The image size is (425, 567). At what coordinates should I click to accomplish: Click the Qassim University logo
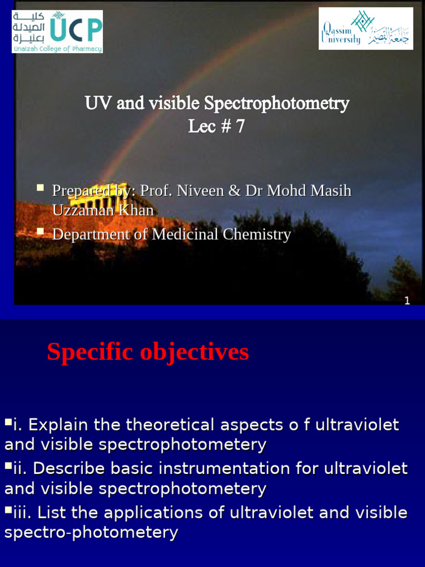click(366, 28)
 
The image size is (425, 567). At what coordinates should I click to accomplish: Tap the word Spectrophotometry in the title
click(277, 104)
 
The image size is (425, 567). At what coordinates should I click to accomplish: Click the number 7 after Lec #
click(240, 127)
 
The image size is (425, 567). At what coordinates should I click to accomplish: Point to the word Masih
click(330, 191)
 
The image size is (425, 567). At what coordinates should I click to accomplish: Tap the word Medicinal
click(185, 235)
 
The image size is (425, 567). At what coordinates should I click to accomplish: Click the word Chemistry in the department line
click(257, 235)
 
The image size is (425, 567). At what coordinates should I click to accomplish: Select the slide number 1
click(407, 301)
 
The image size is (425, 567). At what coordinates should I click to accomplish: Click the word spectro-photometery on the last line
click(91, 533)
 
